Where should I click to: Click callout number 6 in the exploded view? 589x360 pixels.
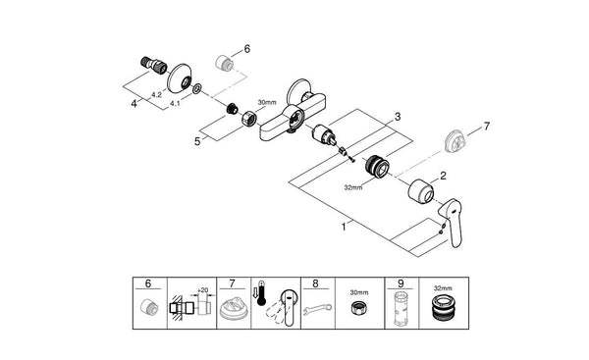coord(247,47)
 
